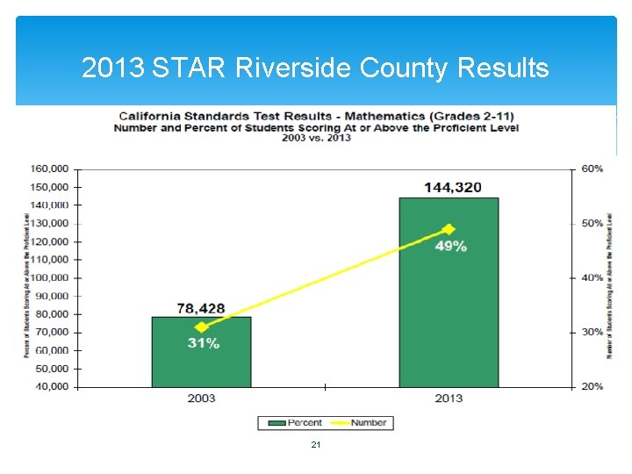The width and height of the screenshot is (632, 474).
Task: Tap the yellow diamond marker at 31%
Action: pyautogui.click(x=202, y=327)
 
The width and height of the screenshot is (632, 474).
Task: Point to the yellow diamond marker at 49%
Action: pyautogui.click(x=449, y=229)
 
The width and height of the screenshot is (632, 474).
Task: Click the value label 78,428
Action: pyautogui.click(x=201, y=308)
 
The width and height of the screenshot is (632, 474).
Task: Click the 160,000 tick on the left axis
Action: pyautogui.click(x=50, y=169)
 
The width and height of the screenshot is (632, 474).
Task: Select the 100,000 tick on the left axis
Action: pyautogui.click(x=50, y=277)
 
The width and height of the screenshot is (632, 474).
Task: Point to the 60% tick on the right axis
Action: pyautogui.click(x=592, y=169)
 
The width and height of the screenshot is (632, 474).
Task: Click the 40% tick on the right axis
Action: pyautogui.click(x=592, y=277)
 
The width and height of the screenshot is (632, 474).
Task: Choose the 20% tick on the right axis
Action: pyautogui.click(x=592, y=386)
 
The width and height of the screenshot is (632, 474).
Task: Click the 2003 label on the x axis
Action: pyautogui.click(x=201, y=399)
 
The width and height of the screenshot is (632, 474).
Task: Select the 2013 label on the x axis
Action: pyautogui.click(x=449, y=399)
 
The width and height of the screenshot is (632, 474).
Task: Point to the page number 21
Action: pyautogui.click(x=316, y=446)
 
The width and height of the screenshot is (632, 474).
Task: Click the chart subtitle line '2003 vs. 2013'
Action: pyautogui.click(x=316, y=138)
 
